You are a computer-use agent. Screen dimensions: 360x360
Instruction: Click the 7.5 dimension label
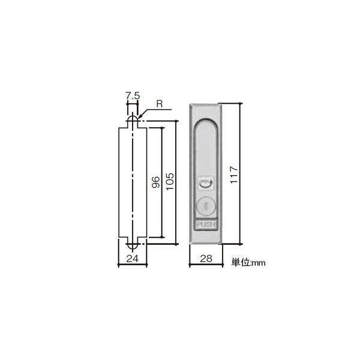click(132, 95)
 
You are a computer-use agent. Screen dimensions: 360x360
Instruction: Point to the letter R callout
click(160, 103)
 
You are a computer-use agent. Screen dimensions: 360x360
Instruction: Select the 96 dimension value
click(154, 183)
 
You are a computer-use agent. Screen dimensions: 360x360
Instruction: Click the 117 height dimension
click(235, 174)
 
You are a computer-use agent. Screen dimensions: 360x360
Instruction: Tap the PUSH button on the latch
click(205, 225)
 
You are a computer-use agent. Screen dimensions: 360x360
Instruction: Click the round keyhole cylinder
click(205, 206)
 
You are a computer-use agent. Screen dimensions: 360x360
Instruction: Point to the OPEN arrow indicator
click(205, 182)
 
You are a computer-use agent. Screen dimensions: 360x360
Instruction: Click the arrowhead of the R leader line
click(139, 118)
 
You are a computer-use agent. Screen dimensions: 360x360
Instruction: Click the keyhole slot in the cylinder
click(205, 207)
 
